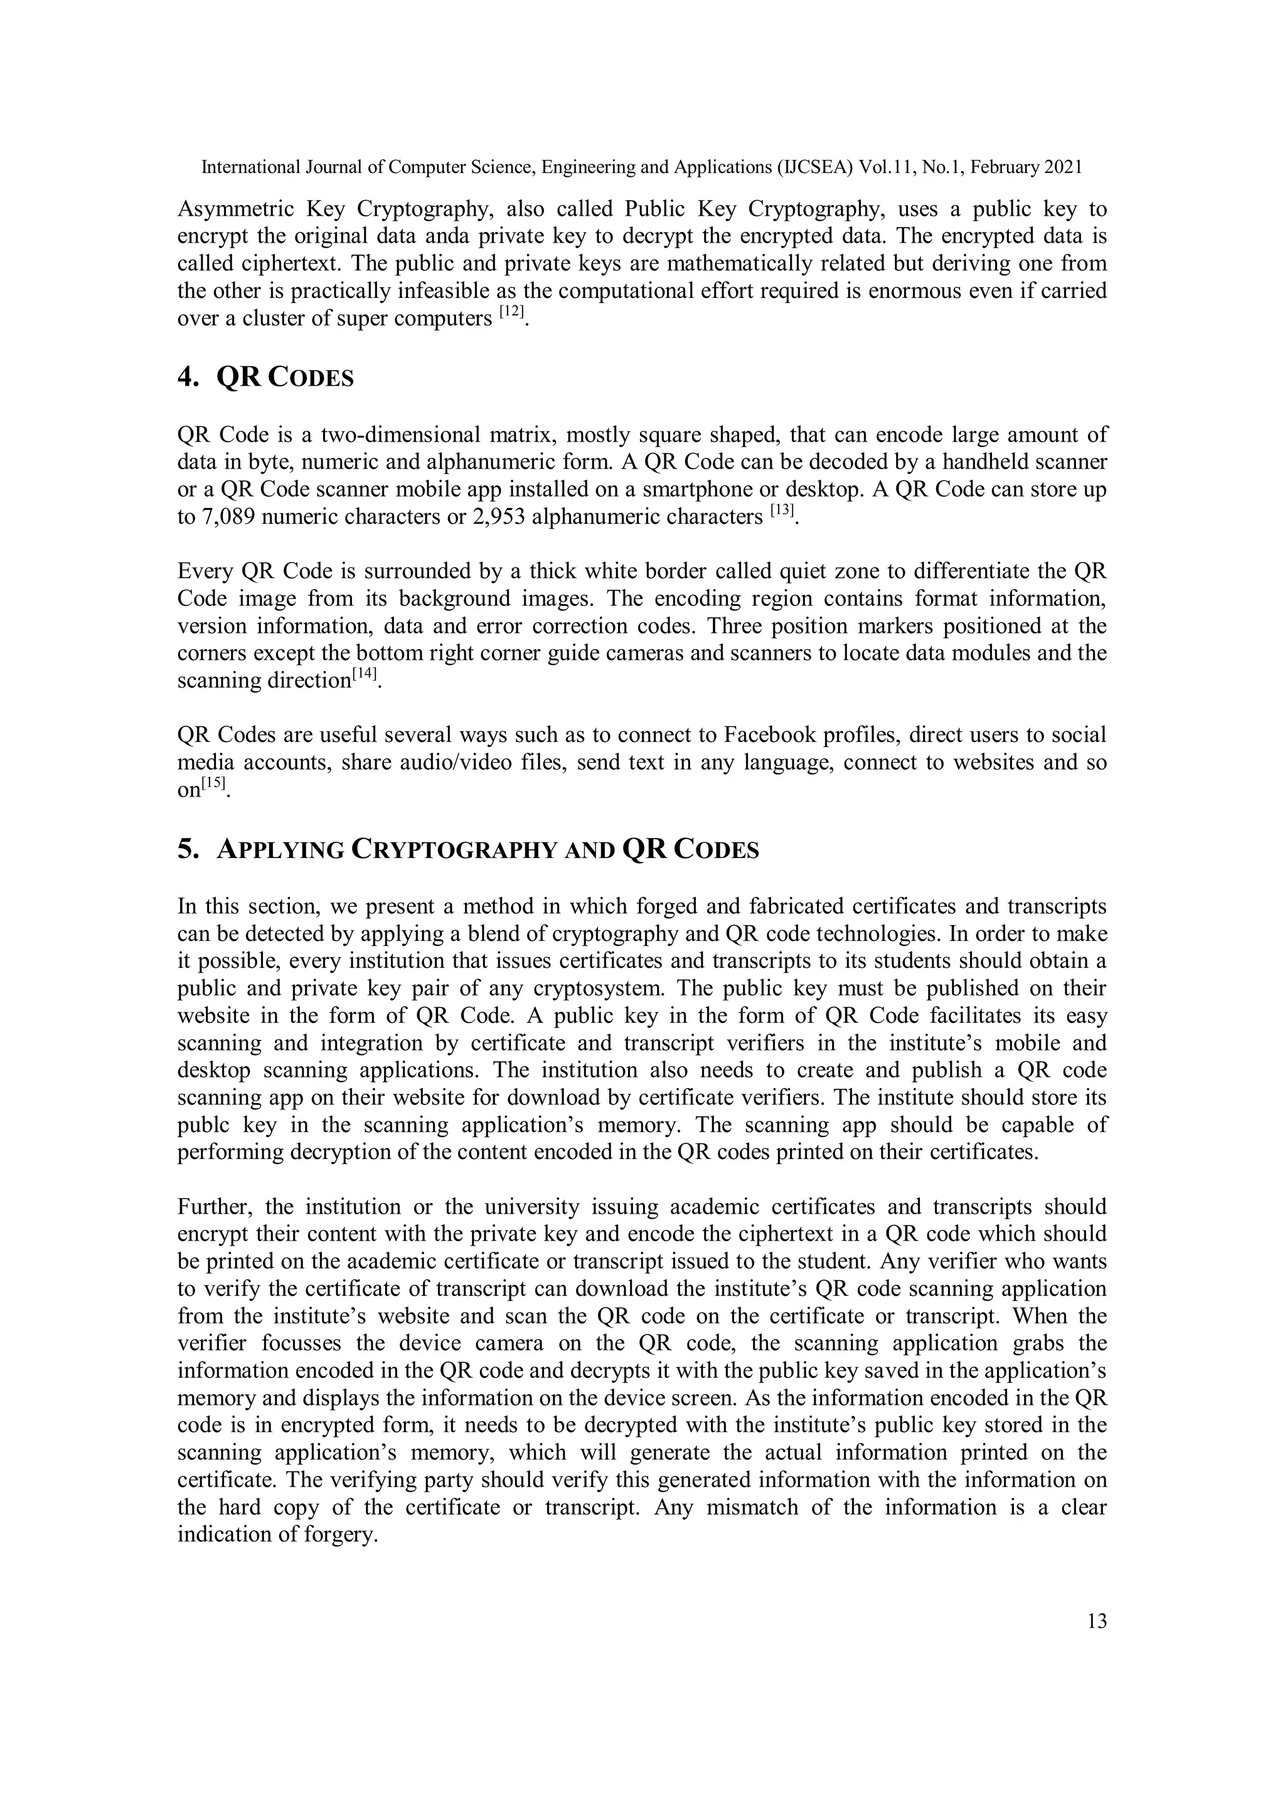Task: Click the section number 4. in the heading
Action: pos(188,378)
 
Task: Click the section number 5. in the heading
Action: pos(188,850)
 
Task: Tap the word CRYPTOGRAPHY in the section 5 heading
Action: pos(452,850)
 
